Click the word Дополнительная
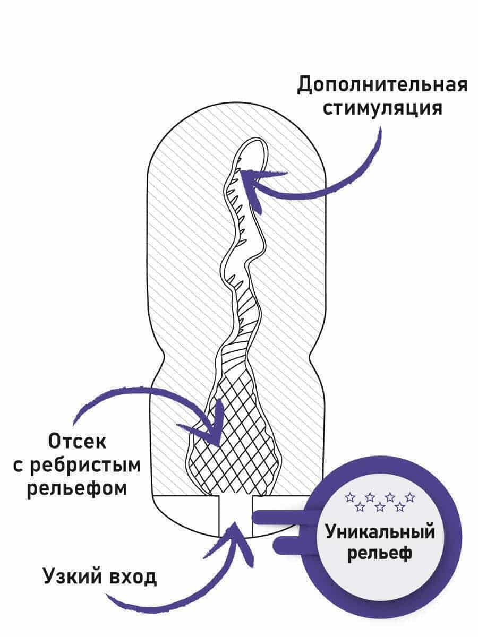click(382, 84)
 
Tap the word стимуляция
click(382, 108)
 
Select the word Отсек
click(78, 441)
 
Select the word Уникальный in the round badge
click(380, 532)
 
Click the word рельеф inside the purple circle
click(380, 554)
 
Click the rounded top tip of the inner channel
click(254, 149)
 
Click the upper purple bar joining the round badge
click(281, 515)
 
